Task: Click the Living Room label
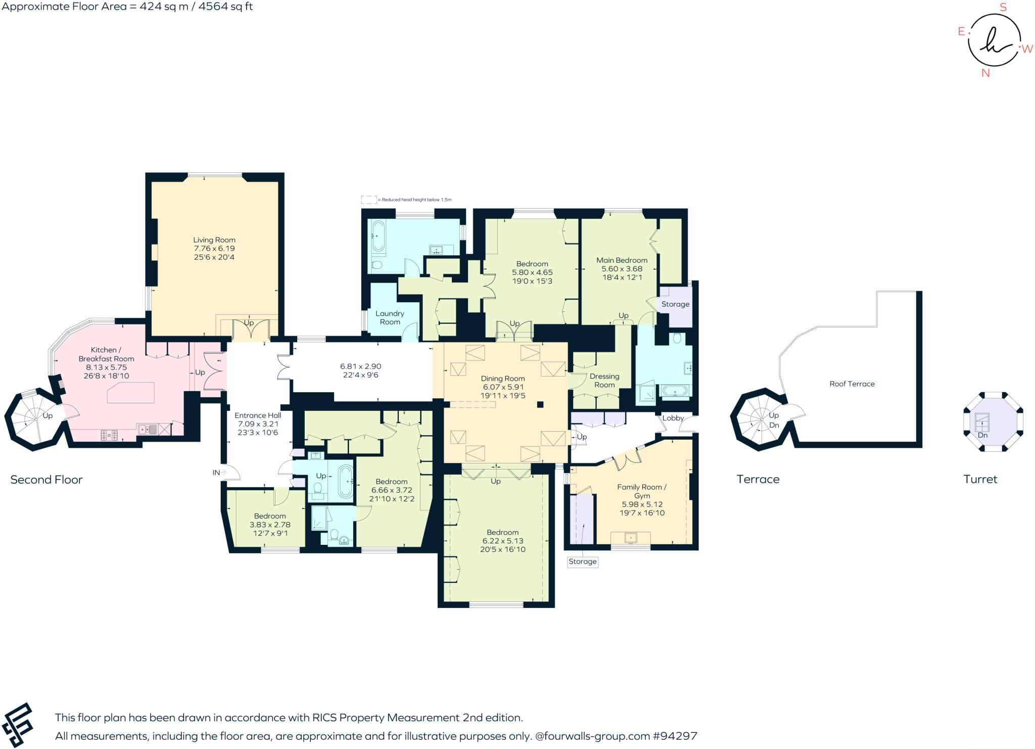click(214, 240)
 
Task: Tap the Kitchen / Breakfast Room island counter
click(131, 393)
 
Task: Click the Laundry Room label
click(390, 317)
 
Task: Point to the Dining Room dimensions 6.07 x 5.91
click(503, 387)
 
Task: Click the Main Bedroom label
click(622, 260)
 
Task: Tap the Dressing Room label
click(604, 381)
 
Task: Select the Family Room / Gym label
click(641, 491)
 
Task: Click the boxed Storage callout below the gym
click(582, 561)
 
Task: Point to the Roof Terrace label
click(852, 384)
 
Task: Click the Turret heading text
click(980, 479)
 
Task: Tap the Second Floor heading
click(46, 480)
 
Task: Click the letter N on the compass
click(985, 73)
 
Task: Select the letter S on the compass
click(1003, 7)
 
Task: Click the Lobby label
click(673, 418)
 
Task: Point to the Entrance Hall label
click(258, 415)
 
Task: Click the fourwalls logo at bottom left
click(18, 725)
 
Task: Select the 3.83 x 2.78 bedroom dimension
click(270, 525)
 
